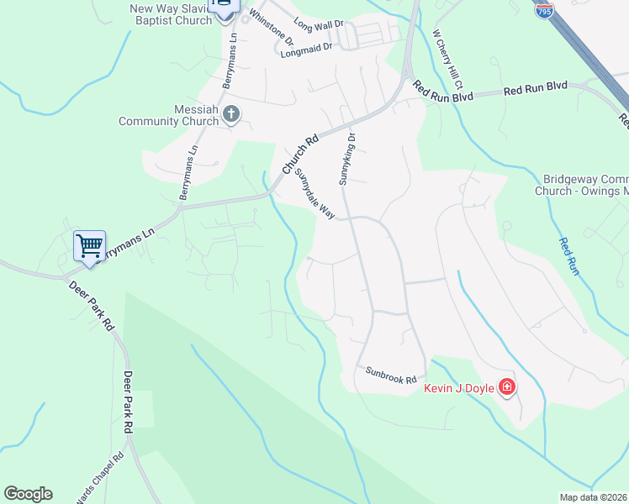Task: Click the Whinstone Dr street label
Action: point(271,29)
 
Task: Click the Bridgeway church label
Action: point(581,185)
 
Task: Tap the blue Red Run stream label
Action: point(569,257)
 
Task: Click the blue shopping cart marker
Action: point(89,246)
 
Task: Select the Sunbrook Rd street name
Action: point(391,375)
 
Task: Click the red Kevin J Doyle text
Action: point(458,388)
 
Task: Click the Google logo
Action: point(28,494)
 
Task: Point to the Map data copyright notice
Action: point(594,497)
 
